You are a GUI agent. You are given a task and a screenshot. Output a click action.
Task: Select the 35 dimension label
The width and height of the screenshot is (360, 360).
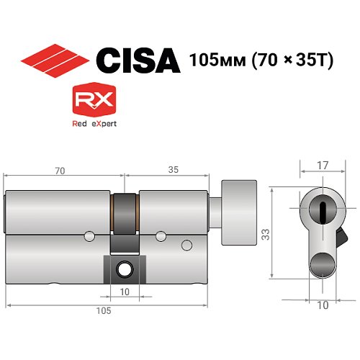174,171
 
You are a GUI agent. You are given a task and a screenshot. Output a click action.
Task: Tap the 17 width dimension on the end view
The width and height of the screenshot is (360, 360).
322,166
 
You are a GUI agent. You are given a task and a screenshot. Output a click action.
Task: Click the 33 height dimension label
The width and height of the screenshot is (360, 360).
264,234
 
